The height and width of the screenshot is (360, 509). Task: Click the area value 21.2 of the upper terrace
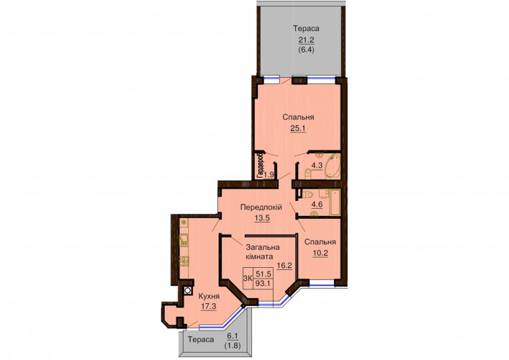tap(307, 40)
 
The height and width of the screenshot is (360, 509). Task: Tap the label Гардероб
tap(260, 165)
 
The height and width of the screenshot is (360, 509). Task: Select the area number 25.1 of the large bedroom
tap(298, 128)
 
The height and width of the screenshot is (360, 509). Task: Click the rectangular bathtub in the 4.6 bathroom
tap(335, 202)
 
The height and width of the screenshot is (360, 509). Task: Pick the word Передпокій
tap(261, 207)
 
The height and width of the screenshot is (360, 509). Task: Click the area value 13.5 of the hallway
tap(262, 217)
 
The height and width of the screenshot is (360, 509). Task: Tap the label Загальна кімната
tap(262, 251)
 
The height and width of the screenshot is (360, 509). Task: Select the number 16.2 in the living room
tap(284, 265)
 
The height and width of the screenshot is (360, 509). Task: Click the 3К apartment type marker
tap(248, 278)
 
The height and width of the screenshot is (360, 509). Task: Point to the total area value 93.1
tap(263, 283)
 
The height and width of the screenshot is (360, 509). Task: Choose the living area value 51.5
tap(263, 274)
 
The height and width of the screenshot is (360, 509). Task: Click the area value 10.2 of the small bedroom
tap(320, 253)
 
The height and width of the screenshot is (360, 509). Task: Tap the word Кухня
tap(209, 296)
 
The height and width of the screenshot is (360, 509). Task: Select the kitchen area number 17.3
tap(208, 306)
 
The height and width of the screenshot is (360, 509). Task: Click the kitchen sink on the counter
tap(184, 239)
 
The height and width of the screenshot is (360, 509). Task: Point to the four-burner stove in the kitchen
tap(184, 261)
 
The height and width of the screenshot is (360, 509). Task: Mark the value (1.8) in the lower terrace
tap(233, 346)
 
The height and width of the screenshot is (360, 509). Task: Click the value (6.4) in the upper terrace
tap(307, 50)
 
